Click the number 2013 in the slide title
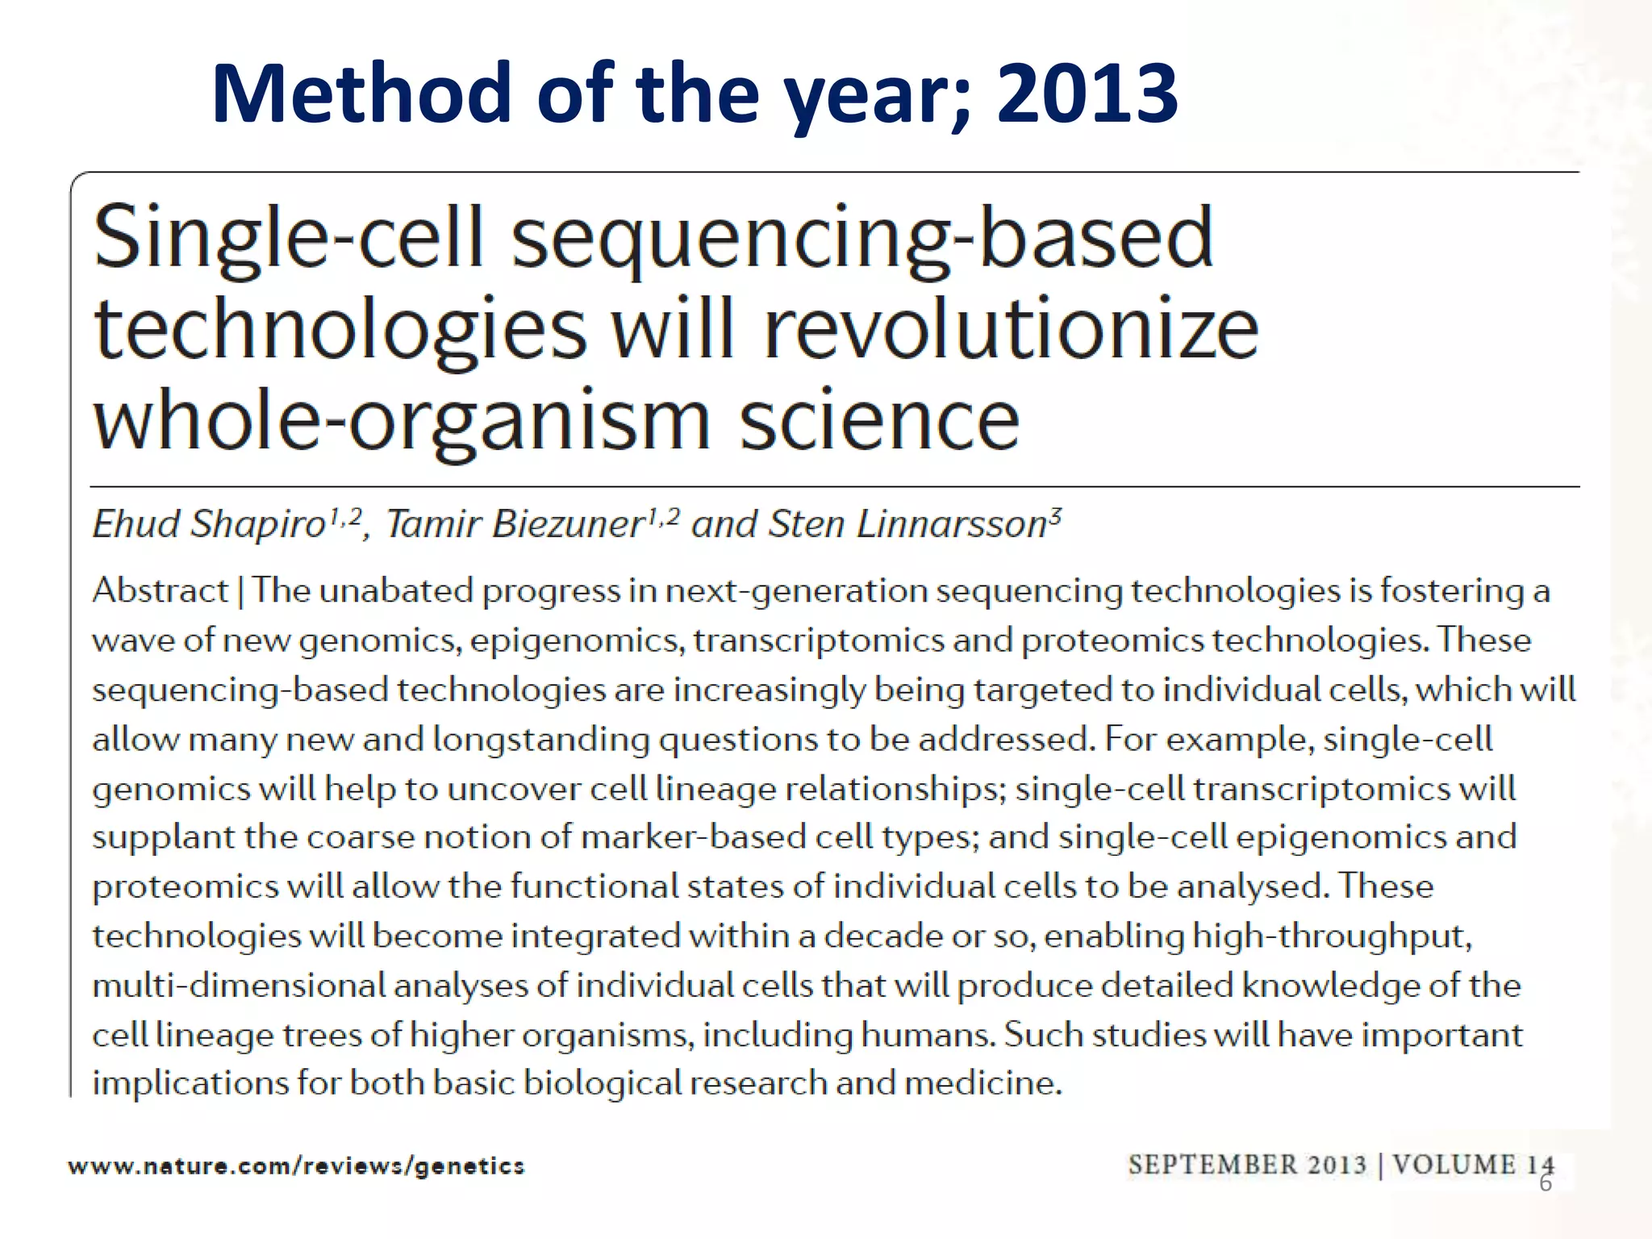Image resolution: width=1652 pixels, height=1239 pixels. click(x=1087, y=94)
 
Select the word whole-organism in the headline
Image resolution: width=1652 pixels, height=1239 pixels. click(x=402, y=421)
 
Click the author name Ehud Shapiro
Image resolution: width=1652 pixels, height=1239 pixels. click(x=209, y=524)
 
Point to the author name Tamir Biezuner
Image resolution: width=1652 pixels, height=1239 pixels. click(x=514, y=524)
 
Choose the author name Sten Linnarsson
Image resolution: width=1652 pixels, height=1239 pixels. click(x=907, y=524)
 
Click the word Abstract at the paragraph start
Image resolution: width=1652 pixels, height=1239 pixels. click(x=160, y=590)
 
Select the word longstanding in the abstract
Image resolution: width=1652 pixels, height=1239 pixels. click(x=541, y=739)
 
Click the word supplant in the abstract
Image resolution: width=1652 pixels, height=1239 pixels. click(x=164, y=838)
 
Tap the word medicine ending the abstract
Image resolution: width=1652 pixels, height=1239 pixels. click(x=982, y=1083)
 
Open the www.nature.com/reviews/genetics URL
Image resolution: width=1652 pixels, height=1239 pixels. click(x=296, y=1166)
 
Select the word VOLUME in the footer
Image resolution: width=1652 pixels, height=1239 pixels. click(x=1454, y=1165)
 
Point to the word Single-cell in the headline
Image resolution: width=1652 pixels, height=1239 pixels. click(x=288, y=237)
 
